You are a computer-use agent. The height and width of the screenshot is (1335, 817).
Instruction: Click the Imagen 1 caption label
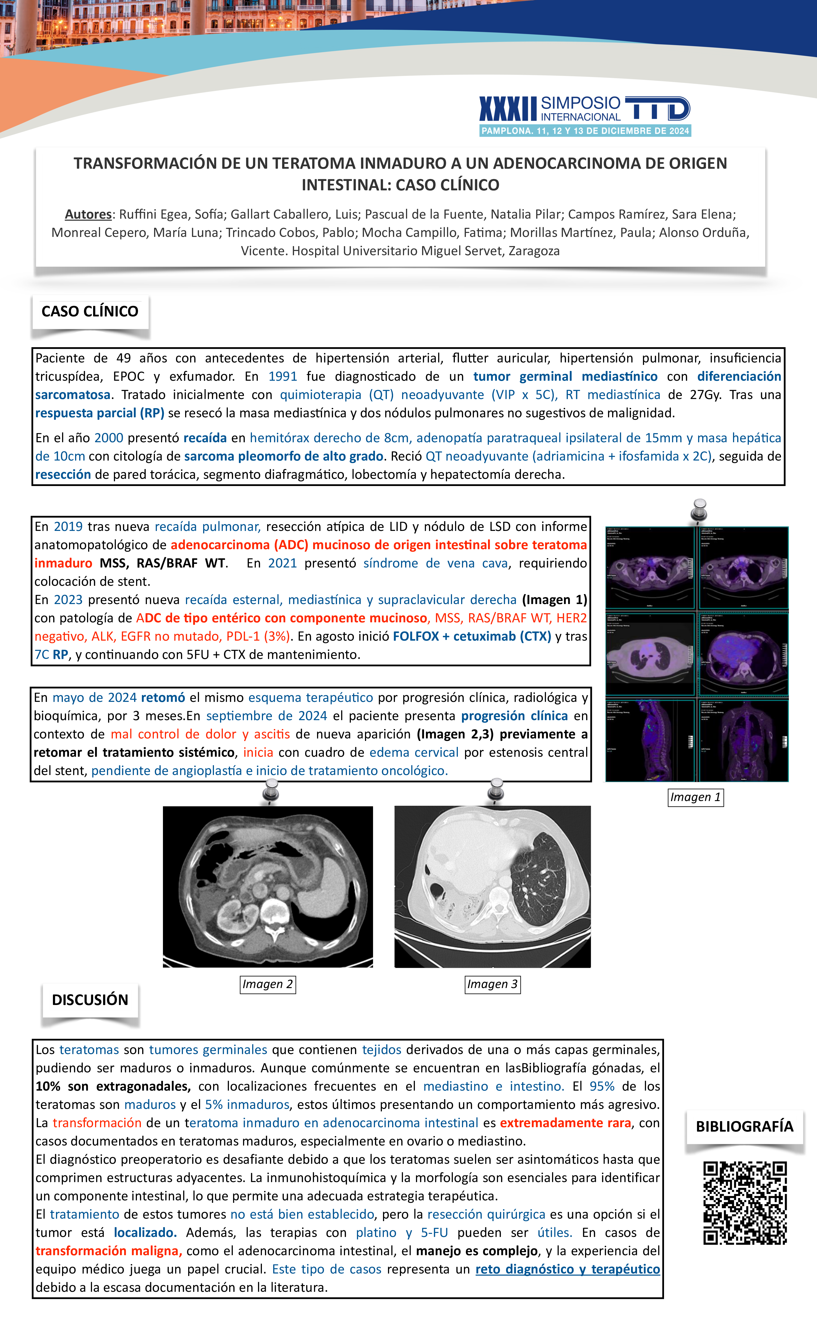[696, 797]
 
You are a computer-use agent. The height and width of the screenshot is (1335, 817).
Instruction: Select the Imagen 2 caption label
[268, 984]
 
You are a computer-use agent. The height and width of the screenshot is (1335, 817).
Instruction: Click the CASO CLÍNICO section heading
[90, 311]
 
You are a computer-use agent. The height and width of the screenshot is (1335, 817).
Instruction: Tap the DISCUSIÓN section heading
[90, 1000]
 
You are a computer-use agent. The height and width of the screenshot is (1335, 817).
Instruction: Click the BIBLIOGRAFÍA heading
[744, 1126]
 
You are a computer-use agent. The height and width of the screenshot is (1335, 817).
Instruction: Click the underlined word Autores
[88, 214]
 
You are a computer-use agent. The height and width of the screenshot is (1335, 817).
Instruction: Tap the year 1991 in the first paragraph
[283, 377]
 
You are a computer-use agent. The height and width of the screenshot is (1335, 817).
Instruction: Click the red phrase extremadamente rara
[565, 1123]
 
